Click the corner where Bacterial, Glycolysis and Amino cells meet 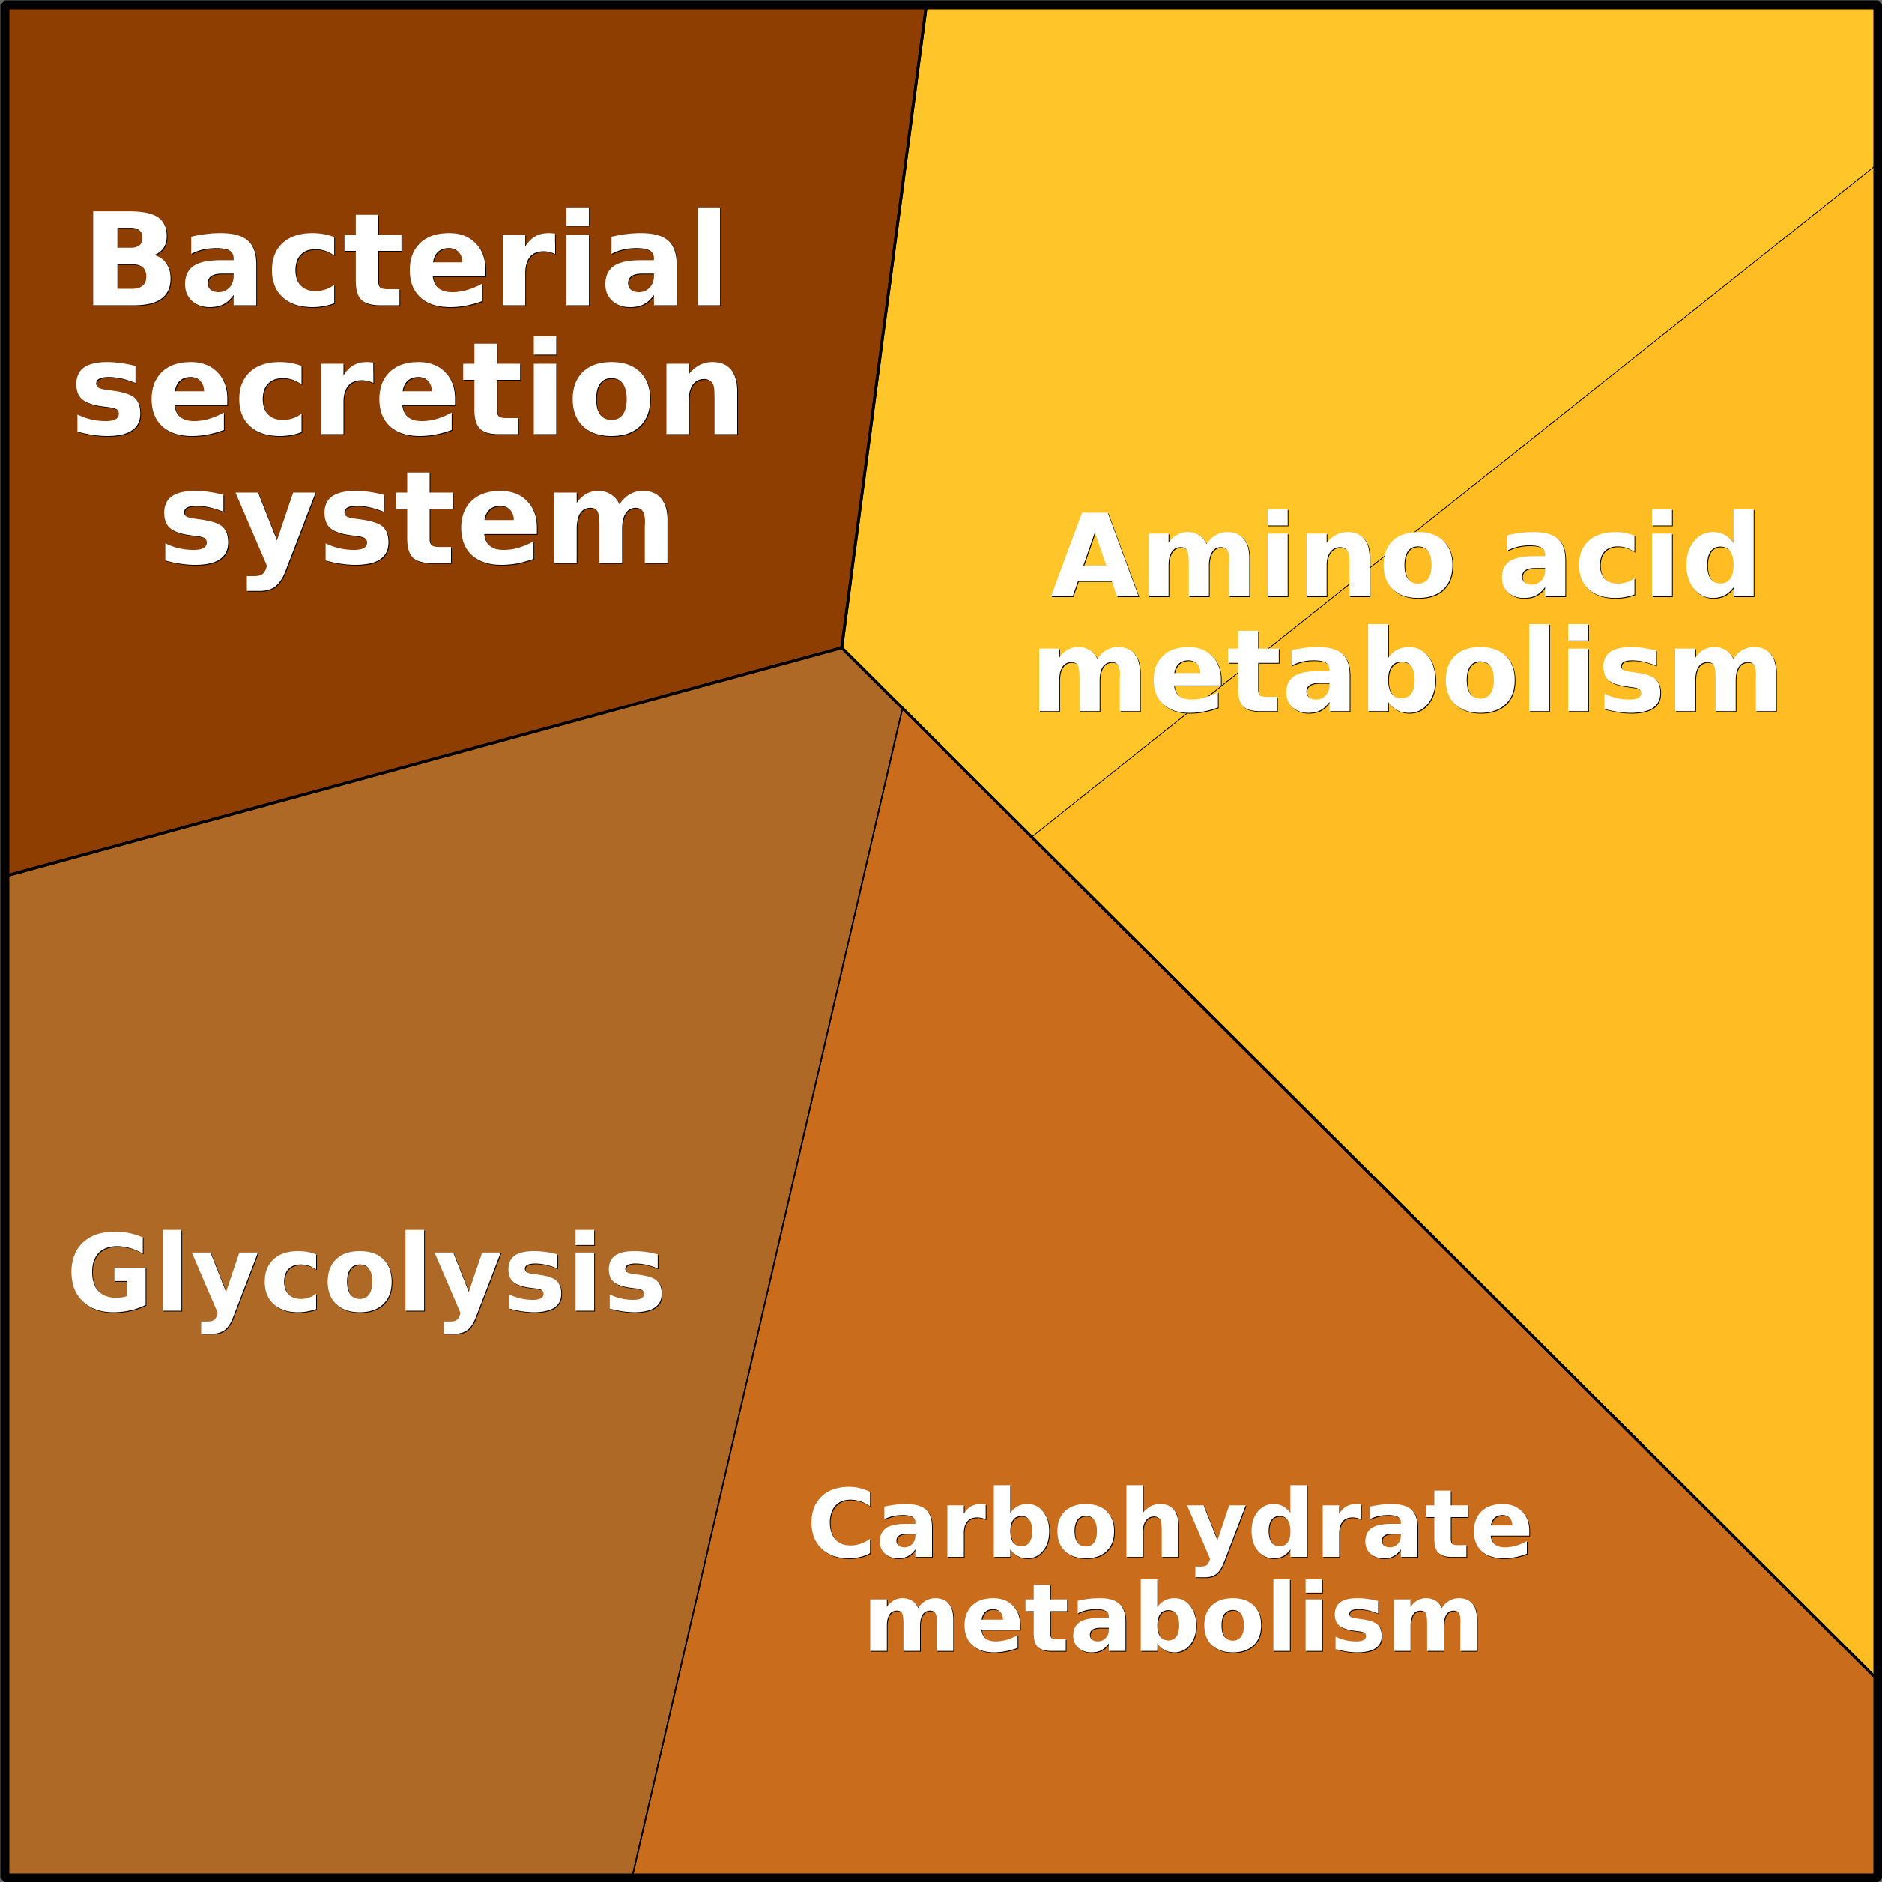(841, 648)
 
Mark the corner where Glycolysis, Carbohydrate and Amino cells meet (902, 709)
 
